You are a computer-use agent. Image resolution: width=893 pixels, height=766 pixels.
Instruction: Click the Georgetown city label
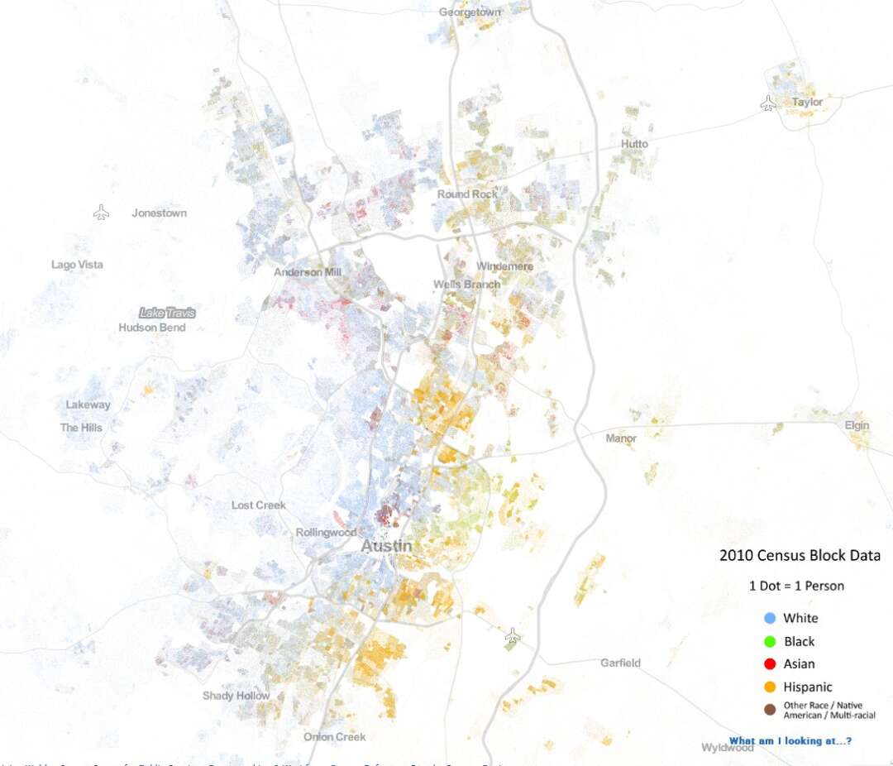[470, 12]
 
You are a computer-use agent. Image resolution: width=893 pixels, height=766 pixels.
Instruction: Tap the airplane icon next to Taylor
[768, 103]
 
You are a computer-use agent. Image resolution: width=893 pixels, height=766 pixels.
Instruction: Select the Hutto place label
[634, 144]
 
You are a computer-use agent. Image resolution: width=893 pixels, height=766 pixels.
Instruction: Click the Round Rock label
[468, 194]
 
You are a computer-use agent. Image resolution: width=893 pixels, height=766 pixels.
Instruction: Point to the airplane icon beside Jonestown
[101, 213]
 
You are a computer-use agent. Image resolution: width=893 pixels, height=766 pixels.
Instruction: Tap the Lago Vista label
[77, 265]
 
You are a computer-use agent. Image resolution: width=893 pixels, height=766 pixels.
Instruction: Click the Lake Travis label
[168, 313]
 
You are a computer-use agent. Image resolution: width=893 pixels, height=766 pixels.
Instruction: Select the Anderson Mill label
[308, 271]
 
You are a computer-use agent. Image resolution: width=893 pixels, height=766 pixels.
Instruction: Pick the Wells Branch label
[466, 285]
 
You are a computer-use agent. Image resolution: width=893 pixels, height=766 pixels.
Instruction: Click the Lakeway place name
[88, 405]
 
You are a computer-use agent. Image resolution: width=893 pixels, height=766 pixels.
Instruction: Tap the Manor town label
[621, 438]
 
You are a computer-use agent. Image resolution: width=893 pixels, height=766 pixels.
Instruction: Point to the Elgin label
[857, 425]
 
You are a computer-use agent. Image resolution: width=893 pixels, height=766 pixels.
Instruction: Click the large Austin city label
[387, 547]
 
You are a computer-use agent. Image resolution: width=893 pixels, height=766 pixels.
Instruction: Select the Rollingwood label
[326, 533]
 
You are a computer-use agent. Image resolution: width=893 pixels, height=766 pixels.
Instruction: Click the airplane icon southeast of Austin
[513, 636]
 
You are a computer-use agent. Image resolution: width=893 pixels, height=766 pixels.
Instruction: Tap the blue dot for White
[770, 618]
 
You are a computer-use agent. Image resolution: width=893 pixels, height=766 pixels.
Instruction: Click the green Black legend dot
[770, 641]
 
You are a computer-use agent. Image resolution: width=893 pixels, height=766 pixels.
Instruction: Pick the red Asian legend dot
[770, 663]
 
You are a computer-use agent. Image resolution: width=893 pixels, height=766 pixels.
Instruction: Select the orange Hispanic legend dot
[770, 687]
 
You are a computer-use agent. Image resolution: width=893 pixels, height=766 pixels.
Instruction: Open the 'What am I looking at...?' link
[790, 740]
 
